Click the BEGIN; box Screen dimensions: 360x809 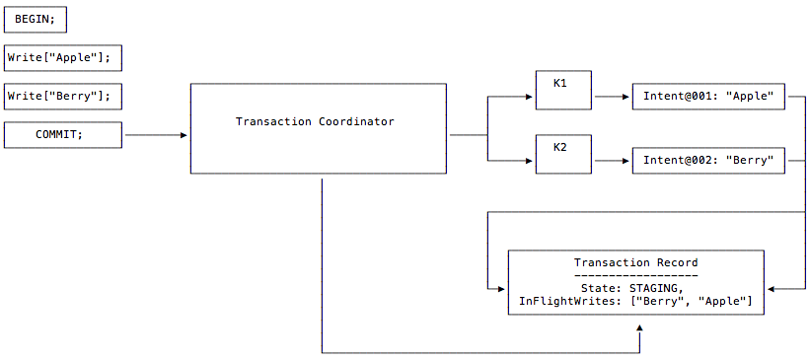pos(37,20)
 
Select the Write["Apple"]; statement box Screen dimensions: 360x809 pos(63,58)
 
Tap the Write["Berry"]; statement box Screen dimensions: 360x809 pos(63,97)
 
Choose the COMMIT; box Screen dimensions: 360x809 pos(63,135)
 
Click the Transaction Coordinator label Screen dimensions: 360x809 pos(315,122)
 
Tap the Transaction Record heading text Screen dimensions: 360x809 pos(635,263)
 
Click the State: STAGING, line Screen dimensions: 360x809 pos(635,287)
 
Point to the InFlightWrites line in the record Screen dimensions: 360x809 pos(635,301)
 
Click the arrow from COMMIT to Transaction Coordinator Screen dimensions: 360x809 pos(156,135)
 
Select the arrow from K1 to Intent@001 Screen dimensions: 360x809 pos(611,97)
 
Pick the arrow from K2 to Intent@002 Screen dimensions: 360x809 pos(611,160)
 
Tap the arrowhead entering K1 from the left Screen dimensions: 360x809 pos(531,97)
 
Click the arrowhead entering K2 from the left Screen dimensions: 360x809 pos(531,160)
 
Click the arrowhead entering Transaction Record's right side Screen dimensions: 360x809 pos(770,288)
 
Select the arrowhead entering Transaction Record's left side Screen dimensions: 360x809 pos(502,288)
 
